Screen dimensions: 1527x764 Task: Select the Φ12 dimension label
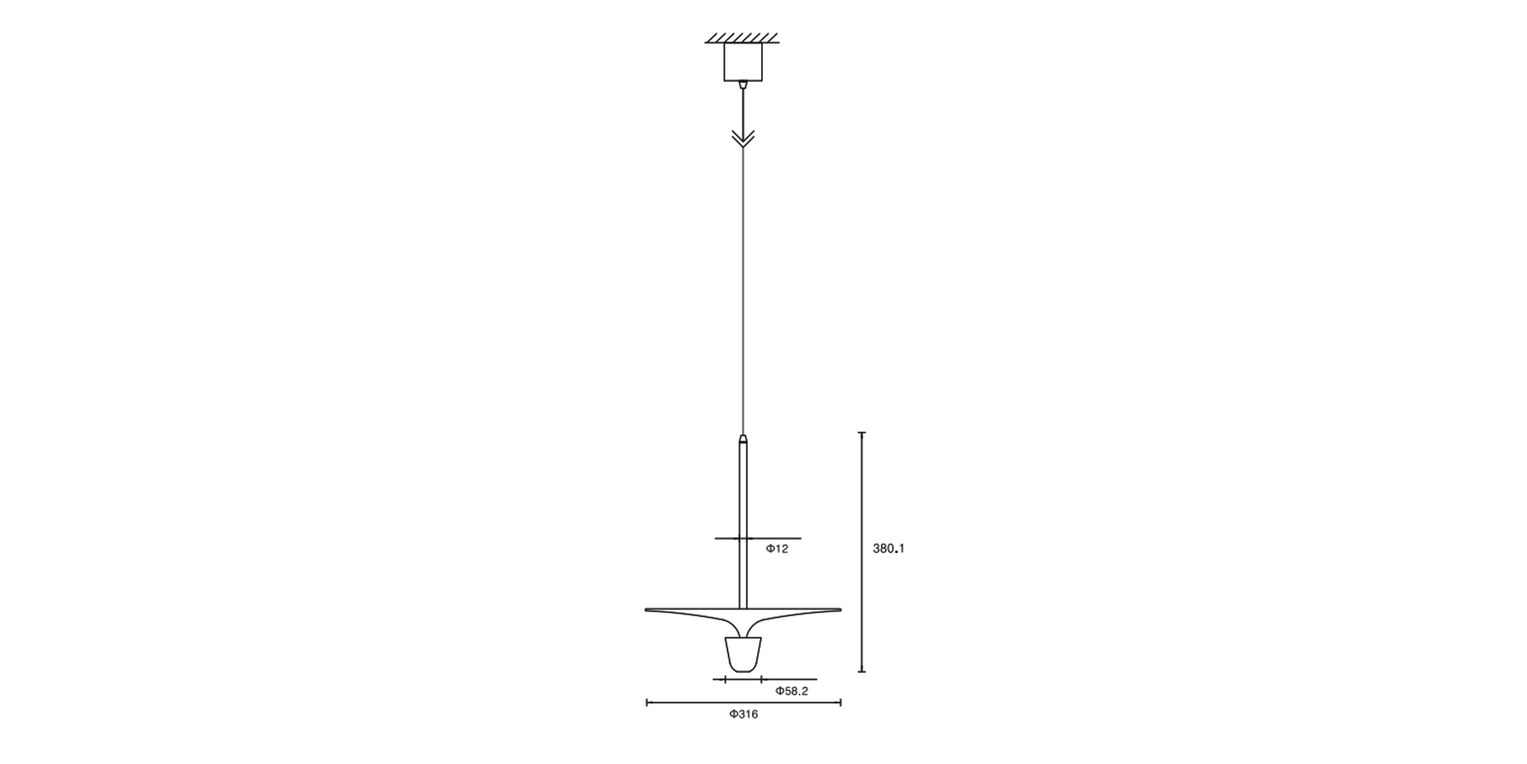[777, 549]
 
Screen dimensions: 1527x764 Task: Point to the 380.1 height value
[889, 549]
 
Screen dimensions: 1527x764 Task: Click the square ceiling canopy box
[744, 62]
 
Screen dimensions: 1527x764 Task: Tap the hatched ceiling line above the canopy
[742, 38]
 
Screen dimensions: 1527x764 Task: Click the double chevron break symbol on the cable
[744, 138]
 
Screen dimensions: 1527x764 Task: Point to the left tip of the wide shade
[645, 609]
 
